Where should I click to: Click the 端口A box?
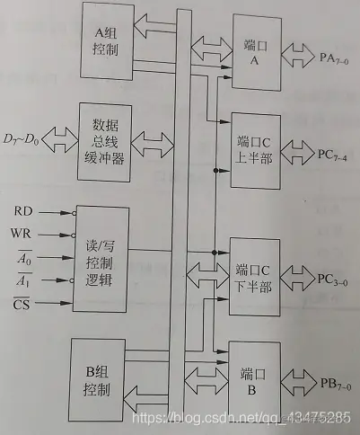pyautogui.click(x=254, y=55)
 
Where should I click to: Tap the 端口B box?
pyautogui.click(x=254, y=376)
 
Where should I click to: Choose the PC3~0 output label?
pyautogui.click(x=335, y=276)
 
